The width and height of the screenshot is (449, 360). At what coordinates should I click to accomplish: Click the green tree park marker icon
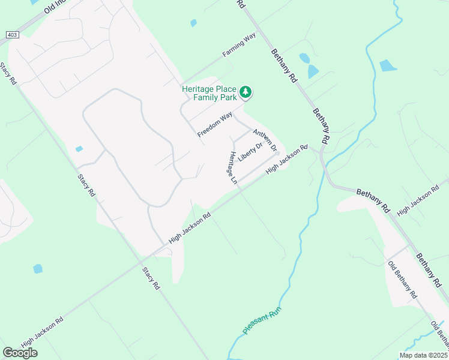[245, 92]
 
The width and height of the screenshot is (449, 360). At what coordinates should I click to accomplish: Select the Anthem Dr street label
[265, 140]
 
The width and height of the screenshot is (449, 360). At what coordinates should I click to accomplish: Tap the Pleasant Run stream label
[262, 322]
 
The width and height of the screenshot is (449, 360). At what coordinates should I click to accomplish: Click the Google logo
[20, 352]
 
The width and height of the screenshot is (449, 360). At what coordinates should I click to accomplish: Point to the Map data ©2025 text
[423, 355]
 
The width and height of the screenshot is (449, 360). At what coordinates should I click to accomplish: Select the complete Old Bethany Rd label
[402, 280]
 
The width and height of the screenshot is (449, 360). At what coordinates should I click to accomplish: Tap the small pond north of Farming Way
[193, 23]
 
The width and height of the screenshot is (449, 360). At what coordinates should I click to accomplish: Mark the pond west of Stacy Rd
[38, 269]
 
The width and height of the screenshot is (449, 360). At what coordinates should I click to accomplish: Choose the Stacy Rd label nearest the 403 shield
[9, 74]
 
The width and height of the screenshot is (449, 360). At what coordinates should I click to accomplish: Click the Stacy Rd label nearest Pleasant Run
[151, 278]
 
